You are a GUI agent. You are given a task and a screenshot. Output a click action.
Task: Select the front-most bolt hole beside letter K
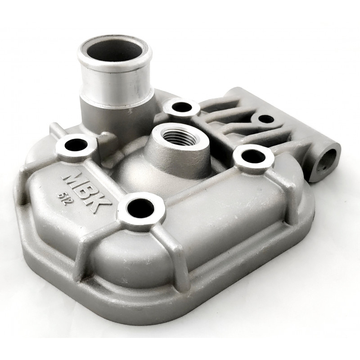point(140,208)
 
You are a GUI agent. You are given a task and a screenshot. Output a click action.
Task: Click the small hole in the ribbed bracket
point(266,119)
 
